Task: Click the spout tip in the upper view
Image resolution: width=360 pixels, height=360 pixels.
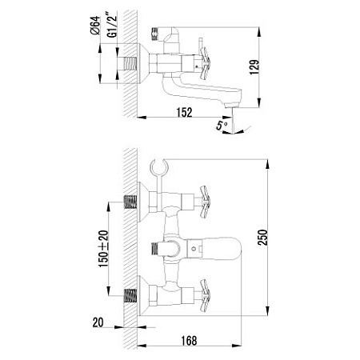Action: [234, 102]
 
